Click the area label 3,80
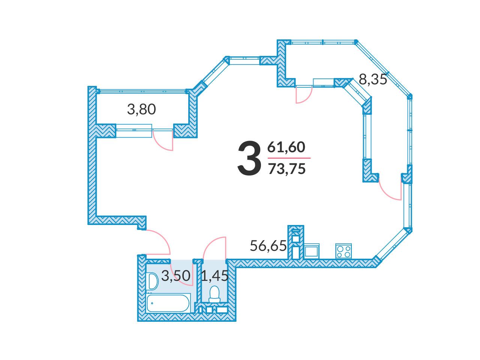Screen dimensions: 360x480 pos(141,109)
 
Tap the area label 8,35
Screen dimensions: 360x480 pos(373,79)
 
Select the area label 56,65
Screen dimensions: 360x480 pos(268,246)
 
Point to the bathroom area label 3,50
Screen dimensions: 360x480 pos(175,276)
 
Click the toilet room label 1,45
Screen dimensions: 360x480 pos(214,276)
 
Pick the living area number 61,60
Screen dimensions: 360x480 pos(286,147)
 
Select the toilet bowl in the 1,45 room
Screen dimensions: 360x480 pos(214,294)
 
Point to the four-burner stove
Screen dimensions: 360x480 pos(344,251)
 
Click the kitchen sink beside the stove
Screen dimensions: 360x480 pos(312,250)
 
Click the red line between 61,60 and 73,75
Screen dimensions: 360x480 pos(289,158)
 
